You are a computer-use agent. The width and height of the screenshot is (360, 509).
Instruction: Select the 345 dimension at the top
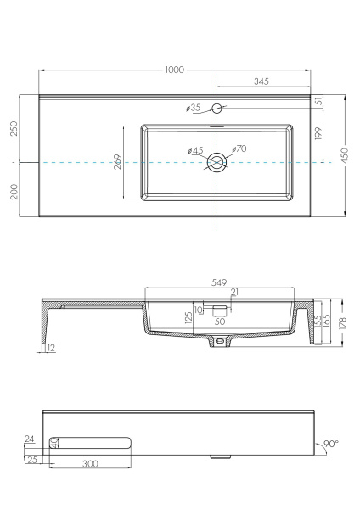(x=262, y=81)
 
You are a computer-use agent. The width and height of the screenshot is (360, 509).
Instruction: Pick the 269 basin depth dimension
(x=117, y=162)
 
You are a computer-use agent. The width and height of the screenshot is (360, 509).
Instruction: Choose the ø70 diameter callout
(x=239, y=149)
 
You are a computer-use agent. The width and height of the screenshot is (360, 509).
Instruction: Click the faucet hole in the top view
(x=217, y=108)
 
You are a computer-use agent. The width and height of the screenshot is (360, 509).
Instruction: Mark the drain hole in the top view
(x=218, y=162)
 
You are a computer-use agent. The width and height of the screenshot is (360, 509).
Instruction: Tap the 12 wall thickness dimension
(x=51, y=348)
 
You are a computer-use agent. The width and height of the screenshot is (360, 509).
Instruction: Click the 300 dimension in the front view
(x=91, y=464)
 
